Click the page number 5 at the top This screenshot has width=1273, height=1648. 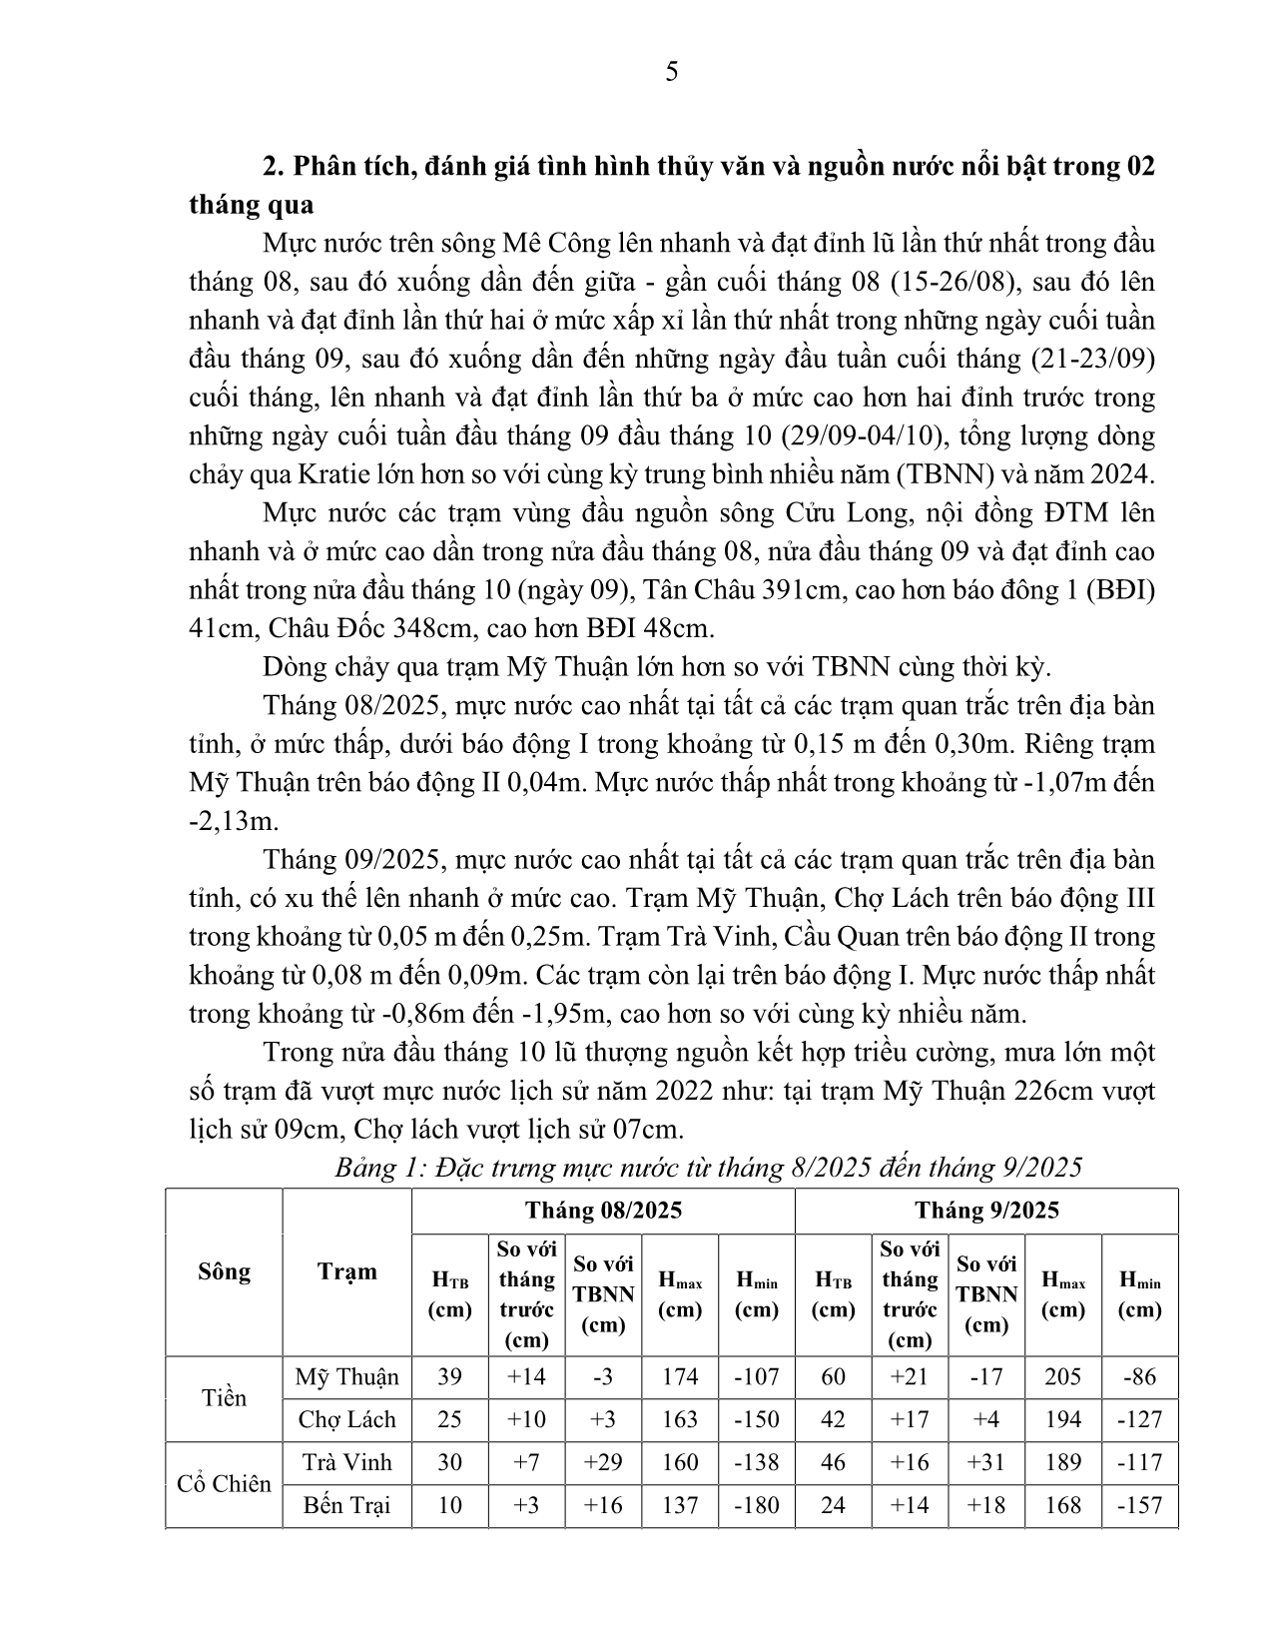[x=671, y=72]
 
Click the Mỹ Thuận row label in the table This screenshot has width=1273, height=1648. [x=346, y=1377]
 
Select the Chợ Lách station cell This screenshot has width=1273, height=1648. [x=346, y=1419]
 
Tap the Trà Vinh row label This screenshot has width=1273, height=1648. [x=346, y=1462]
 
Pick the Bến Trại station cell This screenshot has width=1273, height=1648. [x=346, y=1505]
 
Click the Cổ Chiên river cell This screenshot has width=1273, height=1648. [x=224, y=1484]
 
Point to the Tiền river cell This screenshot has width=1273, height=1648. [x=224, y=1398]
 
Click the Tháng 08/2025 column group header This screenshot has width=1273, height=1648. [x=603, y=1211]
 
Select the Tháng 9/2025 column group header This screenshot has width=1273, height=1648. [x=986, y=1211]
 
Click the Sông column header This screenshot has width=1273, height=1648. [x=224, y=1271]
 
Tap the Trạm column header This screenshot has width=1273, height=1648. [x=346, y=1271]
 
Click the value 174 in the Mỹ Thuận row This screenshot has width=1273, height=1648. [x=680, y=1377]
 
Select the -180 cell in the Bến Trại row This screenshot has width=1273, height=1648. [x=756, y=1505]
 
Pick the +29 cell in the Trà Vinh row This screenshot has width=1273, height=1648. [x=603, y=1462]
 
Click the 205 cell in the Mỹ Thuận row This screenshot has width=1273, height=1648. [x=1062, y=1377]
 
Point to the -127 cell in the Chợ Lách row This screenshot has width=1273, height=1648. [x=1139, y=1419]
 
